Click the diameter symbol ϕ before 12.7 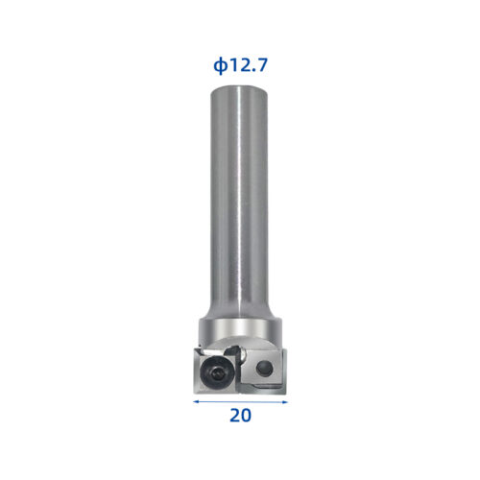pyautogui.click(x=219, y=66)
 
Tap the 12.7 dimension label pyautogui.click(x=248, y=66)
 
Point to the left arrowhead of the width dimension pyautogui.click(x=197, y=403)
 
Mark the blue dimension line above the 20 pyautogui.click(x=240, y=403)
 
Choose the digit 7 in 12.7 pyautogui.click(x=262, y=66)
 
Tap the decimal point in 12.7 pyautogui.click(x=254, y=72)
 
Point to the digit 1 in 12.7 pyautogui.click(x=232, y=66)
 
